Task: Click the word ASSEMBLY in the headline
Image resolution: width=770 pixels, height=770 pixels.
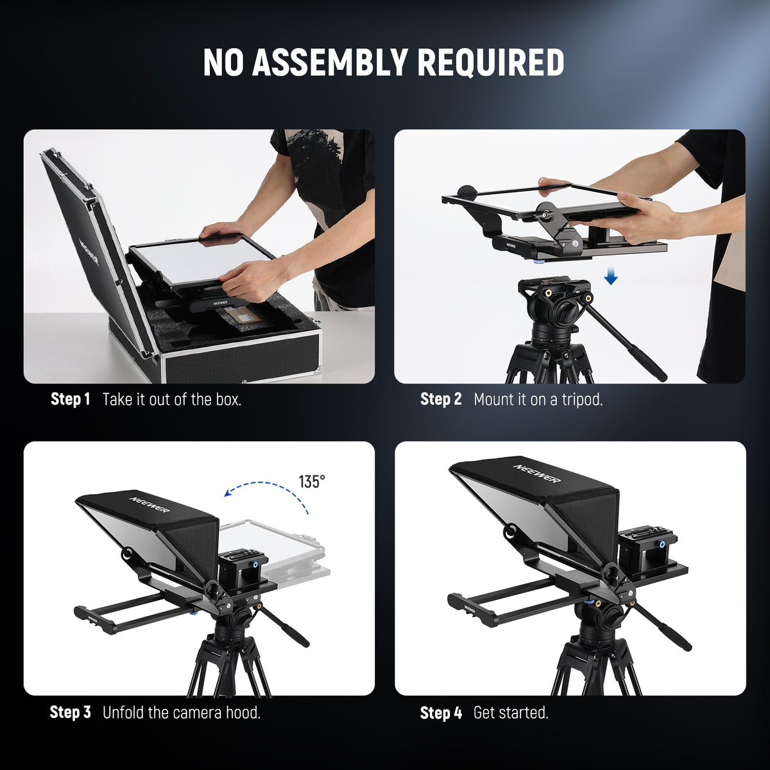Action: pos(329,62)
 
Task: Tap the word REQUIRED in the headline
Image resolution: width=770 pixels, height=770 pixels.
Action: pos(491,62)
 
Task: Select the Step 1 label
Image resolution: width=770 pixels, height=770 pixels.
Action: pos(70,399)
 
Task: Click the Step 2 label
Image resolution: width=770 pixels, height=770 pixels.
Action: pos(441,399)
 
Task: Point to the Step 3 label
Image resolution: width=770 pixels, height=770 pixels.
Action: pos(70,712)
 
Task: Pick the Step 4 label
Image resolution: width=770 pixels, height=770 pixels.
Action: pos(441,712)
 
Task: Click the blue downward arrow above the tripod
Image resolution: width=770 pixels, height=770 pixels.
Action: pos(611,278)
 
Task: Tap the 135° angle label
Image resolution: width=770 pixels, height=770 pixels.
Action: pos(312,481)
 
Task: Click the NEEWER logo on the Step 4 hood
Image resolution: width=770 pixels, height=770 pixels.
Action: pos(536,474)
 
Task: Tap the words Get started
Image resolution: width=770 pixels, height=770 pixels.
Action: pos(511,712)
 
